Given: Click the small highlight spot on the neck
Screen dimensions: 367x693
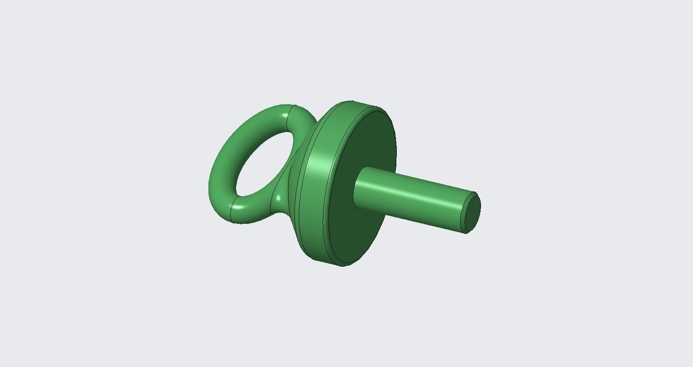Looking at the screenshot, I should coord(279,197).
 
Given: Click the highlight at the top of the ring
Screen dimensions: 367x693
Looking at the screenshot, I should coord(285,116).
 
